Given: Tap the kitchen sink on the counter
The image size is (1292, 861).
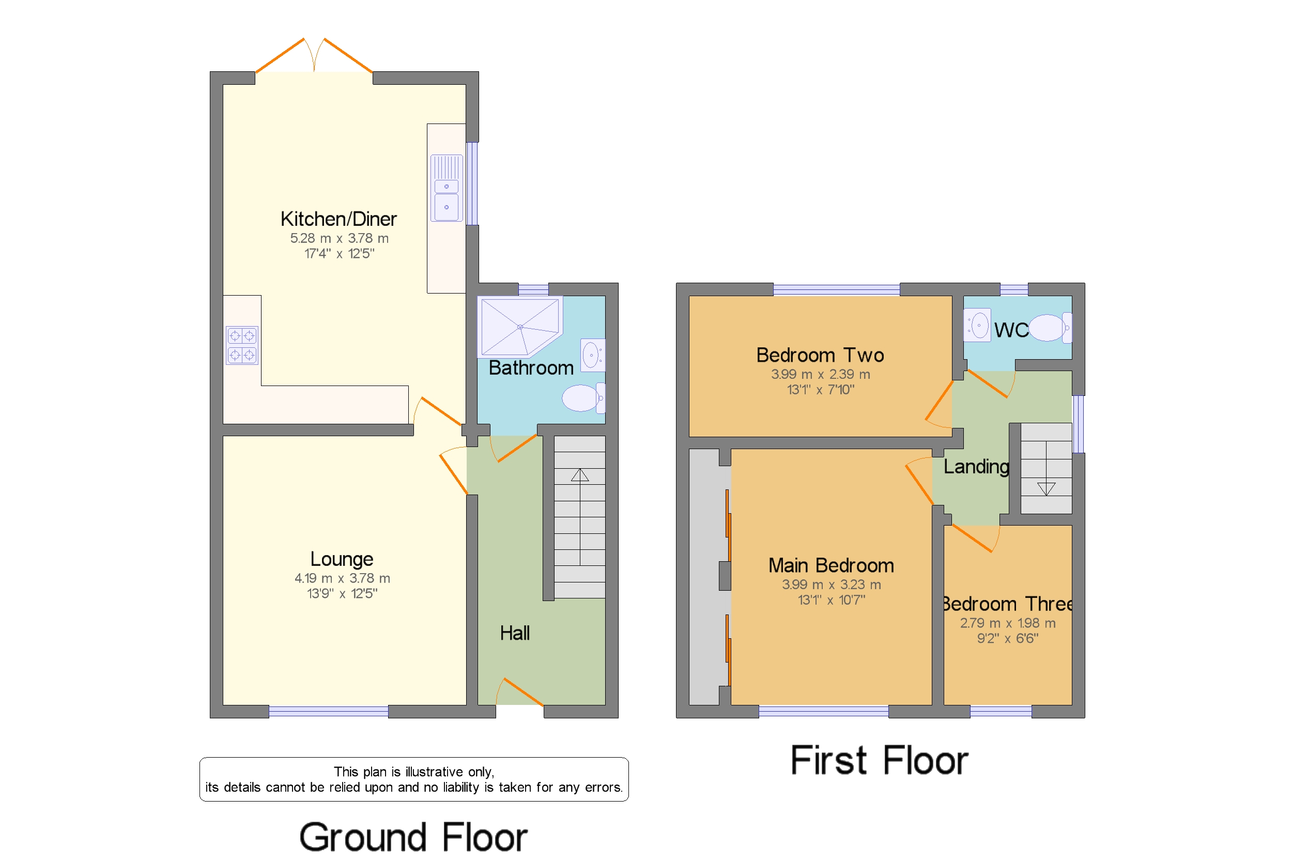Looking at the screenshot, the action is click(x=447, y=188).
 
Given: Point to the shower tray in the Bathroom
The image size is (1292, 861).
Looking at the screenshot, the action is click(x=520, y=327).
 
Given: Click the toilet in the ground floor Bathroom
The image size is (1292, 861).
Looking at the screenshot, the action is click(x=583, y=397).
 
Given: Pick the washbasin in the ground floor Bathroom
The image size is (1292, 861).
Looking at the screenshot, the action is click(x=592, y=355).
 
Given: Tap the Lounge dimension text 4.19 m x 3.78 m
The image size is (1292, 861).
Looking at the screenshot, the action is click(x=342, y=578).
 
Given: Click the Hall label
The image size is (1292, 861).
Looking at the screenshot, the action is click(x=515, y=633).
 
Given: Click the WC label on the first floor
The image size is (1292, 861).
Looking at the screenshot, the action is click(x=1011, y=330).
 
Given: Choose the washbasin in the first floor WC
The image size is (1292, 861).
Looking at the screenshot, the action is click(x=977, y=326).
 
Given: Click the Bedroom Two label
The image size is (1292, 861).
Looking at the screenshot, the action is click(x=820, y=355).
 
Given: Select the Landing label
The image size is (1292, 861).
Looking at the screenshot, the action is click(x=976, y=467).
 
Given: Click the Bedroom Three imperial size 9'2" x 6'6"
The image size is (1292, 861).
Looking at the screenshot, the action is click(x=1008, y=638).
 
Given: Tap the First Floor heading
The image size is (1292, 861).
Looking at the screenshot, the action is click(x=879, y=761).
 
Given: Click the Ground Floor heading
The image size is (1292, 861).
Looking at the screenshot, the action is click(x=413, y=837).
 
